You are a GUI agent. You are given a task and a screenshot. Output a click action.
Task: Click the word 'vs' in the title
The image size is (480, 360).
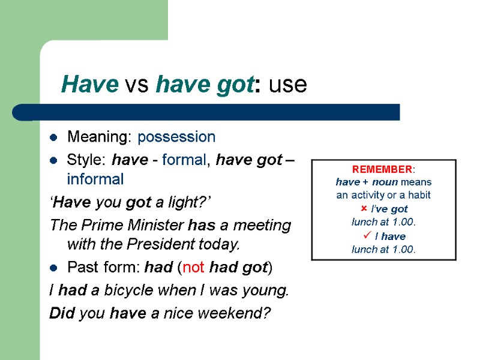point(137,85)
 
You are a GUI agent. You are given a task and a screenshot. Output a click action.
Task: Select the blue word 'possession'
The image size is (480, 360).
point(176,137)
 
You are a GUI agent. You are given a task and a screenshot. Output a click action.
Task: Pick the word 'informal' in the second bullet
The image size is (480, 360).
point(95,179)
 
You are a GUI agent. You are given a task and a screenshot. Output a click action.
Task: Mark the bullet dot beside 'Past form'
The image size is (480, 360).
point(54,268)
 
